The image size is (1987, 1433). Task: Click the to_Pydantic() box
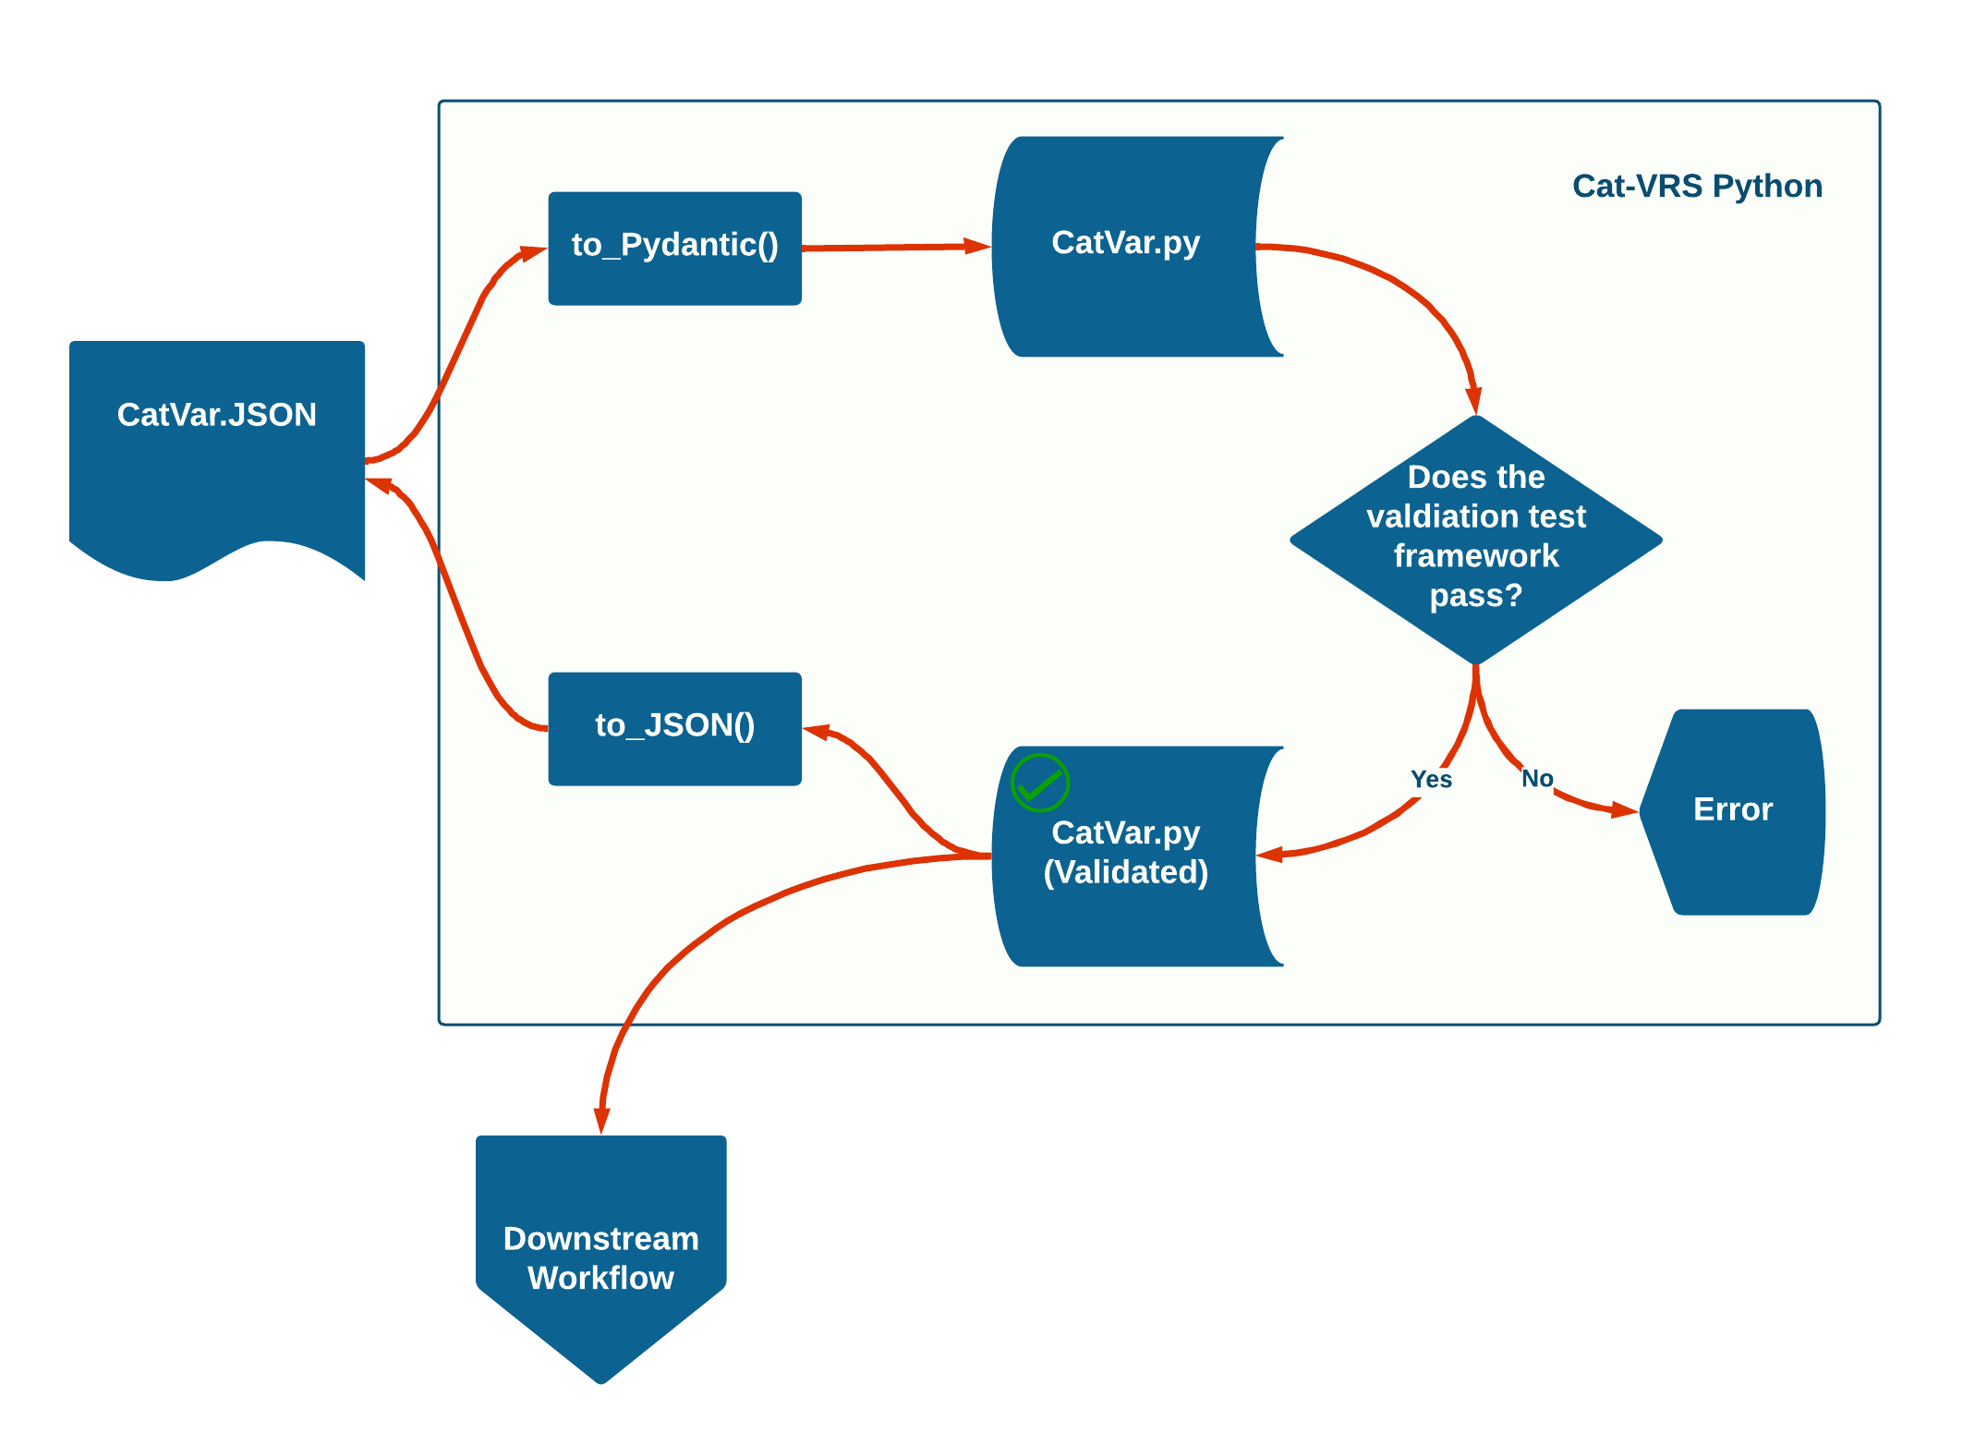(674, 248)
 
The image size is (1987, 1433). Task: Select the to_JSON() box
(674, 728)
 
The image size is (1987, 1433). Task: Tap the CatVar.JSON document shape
(217, 443)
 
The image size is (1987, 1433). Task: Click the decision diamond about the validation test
(1475, 540)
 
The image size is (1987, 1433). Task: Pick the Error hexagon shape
(1733, 811)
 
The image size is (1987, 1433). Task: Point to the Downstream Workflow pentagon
(600, 1257)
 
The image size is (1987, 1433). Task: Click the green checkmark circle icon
(1040, 783)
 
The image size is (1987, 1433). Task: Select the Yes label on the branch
(1431, 780)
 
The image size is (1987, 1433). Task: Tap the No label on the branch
(1537, 779)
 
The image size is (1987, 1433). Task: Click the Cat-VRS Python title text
(1697, 187)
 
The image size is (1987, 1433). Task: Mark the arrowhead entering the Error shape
(1626, 811)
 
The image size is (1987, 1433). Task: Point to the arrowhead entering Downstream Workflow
(601, 1120)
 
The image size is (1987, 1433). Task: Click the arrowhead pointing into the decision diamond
(1474, 401)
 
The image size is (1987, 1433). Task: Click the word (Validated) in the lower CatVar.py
(1125, 872)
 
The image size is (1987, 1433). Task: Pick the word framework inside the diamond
(1475, 556)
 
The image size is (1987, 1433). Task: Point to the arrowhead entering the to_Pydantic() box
(534, 251)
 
